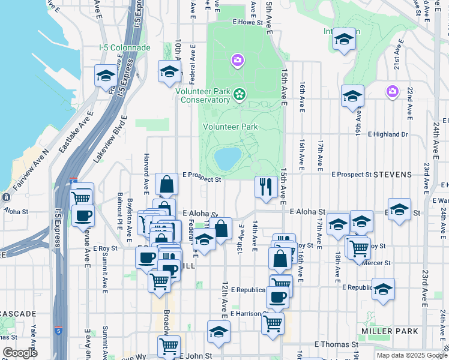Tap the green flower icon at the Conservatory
(240, 94)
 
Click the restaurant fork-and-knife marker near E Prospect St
(265, 186)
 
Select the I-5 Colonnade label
(125, 47)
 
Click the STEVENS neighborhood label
(393, 175)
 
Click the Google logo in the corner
(20, 353)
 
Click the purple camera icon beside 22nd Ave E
(392, 91)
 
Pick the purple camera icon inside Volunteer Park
(238, 60)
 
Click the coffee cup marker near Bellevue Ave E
(83, 215)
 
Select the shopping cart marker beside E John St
(169, 346)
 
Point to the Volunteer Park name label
(231, 127)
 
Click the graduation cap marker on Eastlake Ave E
(105, 76)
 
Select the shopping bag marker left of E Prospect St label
(166, 184)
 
